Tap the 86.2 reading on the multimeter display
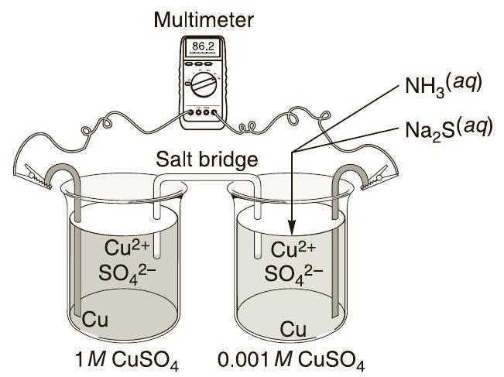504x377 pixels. coord(203,47)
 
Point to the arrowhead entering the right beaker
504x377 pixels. coord(292,229)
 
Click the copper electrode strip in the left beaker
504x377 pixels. coord(77,255)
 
